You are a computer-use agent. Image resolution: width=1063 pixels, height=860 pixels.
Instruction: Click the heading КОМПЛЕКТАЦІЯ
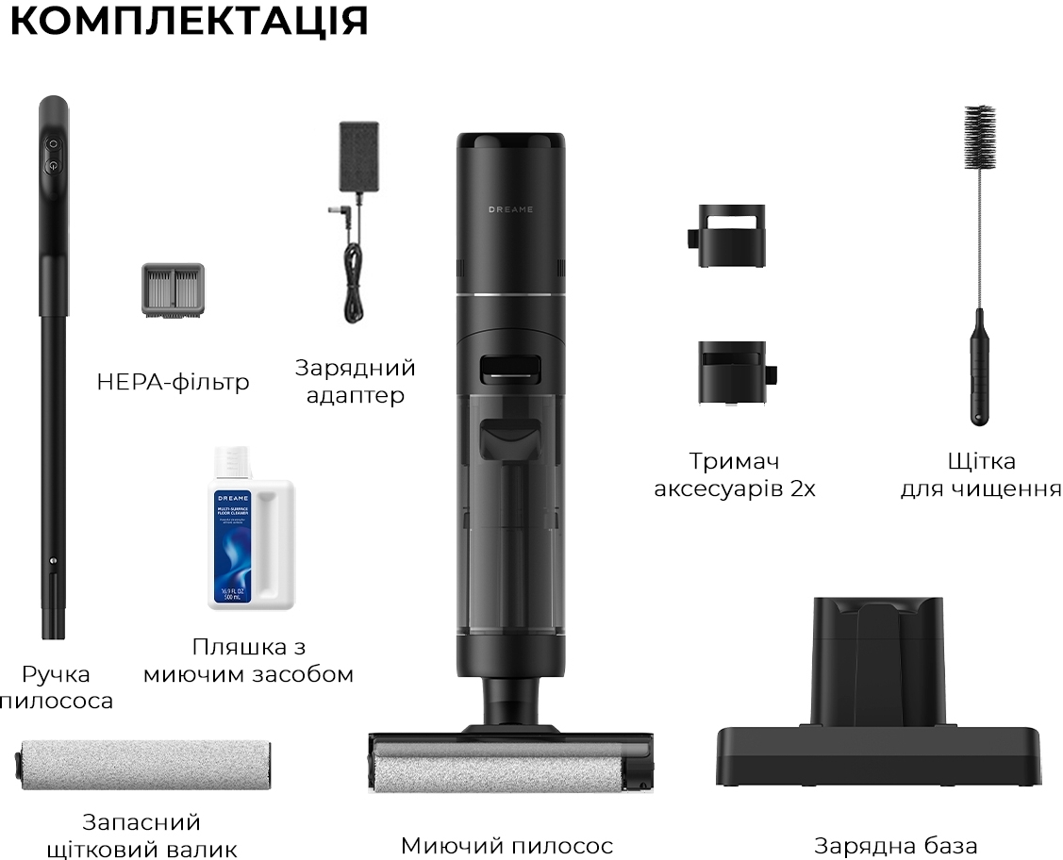coord(189,22)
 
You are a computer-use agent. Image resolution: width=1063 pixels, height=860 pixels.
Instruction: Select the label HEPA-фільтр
coord(173,382)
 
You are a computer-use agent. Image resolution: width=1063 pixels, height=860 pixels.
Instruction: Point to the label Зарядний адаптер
coord(356,381)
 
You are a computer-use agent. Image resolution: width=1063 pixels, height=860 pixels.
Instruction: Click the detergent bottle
coord(250,529)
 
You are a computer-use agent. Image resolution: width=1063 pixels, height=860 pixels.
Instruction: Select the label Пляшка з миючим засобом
coord(248,661)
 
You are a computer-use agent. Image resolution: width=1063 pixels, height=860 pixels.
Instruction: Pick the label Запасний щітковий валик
coord(141,835)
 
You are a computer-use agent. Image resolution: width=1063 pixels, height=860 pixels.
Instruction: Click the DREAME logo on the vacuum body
coord(510,208)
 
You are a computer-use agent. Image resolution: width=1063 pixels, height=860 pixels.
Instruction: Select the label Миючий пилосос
coord(507,846)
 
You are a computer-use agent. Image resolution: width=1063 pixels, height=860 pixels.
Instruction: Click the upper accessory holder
coord(727,237)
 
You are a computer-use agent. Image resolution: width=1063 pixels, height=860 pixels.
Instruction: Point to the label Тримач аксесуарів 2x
coord(735,475)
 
